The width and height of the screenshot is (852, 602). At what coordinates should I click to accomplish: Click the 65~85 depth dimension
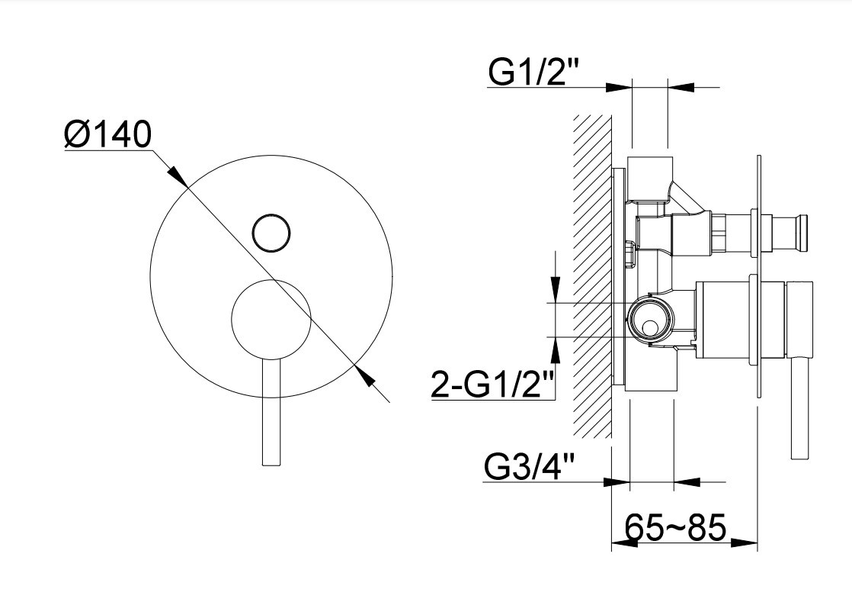coord(675,527)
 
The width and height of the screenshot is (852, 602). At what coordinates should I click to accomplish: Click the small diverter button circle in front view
coord(272,232)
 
